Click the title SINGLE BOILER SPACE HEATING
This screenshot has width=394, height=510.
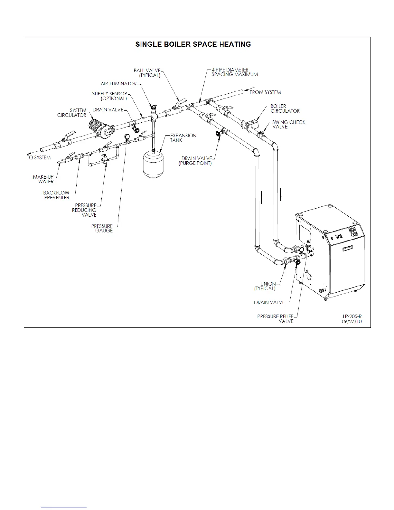[193, 44]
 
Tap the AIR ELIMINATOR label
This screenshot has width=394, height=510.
[119, 84]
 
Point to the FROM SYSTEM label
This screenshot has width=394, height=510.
[265, 92]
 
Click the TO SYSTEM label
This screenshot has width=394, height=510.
[39, 158]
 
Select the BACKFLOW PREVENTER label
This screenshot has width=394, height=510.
[56, 195]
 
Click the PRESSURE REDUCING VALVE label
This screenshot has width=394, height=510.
[84, 210]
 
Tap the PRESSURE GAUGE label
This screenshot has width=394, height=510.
[102, 228]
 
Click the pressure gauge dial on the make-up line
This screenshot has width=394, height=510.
[127, 137]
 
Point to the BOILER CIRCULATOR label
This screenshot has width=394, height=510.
[285, 109]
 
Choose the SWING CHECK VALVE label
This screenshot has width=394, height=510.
[289, 124]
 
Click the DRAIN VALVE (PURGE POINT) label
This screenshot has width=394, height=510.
[195, 161]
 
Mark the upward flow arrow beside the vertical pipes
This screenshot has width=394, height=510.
[262, 197]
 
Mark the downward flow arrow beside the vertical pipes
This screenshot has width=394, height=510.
[281, 195]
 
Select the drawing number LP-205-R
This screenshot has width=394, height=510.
[352, 316]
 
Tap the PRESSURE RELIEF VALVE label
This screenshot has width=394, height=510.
[276, 319]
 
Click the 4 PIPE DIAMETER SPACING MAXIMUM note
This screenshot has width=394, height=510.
[234, 72]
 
